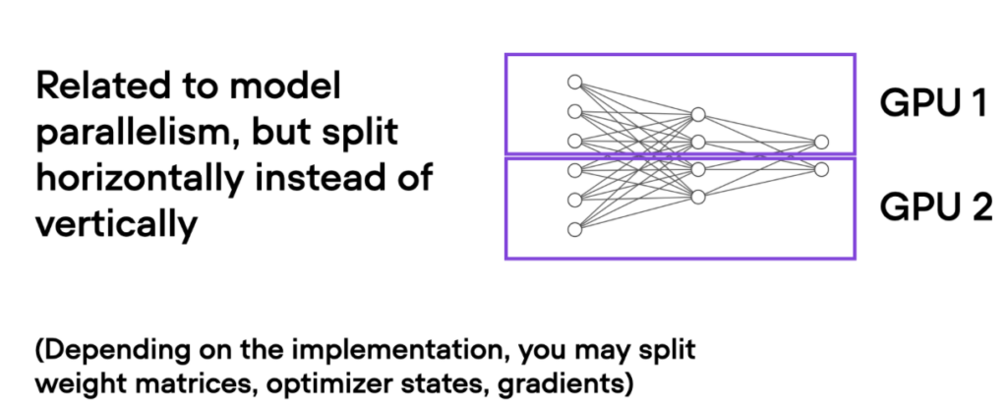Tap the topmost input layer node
pyautogui.click(x=575, y=82)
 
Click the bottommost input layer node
pyautogui.click(x=575, y=229)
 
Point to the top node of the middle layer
pyautogui.click(x=698, y=113)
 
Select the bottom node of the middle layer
pyautogui.click(x=698, y=198)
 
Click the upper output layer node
pyautogui.click(x=821, y=142)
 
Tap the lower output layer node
pyautogui.click(x=821, y=169)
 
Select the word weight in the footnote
pyautogui.click(x=74, y=379)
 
